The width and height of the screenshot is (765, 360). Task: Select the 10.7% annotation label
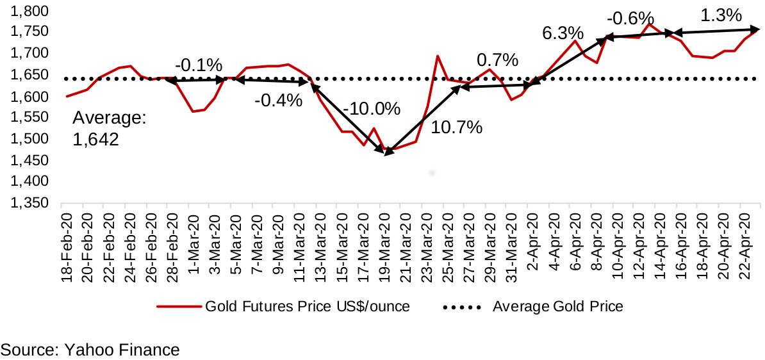pyautogui.click(x=456, y=127)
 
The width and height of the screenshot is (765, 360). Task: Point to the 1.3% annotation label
pyautogui.click(x=721, y=15)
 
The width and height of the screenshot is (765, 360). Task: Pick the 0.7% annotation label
pyautogui.click(x=497, y=61)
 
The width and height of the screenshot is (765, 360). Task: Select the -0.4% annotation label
pyautogui.click(x=277, y=101)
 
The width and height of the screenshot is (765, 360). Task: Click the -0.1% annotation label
pyautogui.click(x=198, y=65)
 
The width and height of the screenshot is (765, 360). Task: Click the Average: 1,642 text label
pyautogui.click(x=110, y=129)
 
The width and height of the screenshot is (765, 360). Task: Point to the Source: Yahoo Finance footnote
pyautogui.click(x=90, y=350)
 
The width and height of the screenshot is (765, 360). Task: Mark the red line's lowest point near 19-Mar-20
pyautogui.click(x=387, y=151)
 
